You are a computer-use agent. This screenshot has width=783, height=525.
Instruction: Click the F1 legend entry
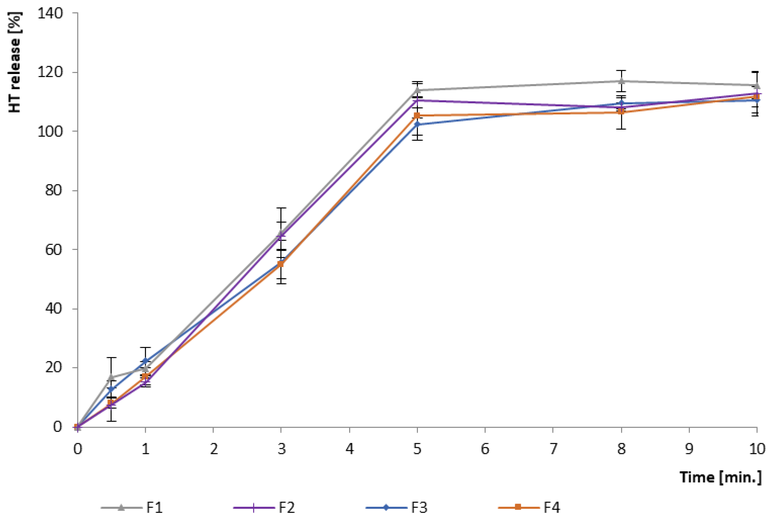[x=132, y=508]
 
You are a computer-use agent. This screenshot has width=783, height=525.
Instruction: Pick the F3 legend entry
[x=396, y=508]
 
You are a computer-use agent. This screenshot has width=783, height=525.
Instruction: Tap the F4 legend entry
[x=529, y=508]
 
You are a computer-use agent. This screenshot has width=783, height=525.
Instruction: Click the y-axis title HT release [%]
[x=15, y=62]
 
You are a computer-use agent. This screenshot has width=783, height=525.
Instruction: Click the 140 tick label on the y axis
[x=50, y=13]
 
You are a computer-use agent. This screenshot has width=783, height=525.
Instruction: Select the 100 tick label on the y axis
[x=50, y=131]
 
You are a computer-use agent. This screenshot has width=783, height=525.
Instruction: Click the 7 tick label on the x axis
[x=553, y=449]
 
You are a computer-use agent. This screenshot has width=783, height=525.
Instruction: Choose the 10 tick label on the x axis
[x=756, y=449]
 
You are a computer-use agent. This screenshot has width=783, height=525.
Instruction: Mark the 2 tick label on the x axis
[x=213, y=449]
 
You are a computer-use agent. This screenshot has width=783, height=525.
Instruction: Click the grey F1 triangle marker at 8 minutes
[x=621, y=81]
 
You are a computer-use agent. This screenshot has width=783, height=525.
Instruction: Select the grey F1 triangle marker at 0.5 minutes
[x=111, y=377]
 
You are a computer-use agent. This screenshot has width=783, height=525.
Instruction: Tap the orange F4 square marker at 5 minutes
[x=417, y=115]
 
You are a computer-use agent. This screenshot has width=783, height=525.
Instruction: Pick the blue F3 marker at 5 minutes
[x=417, y=124]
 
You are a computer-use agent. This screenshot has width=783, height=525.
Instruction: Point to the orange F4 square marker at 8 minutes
[x=621, y=111]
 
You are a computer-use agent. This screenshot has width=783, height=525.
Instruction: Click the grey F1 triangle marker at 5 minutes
[x=417, y=90]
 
